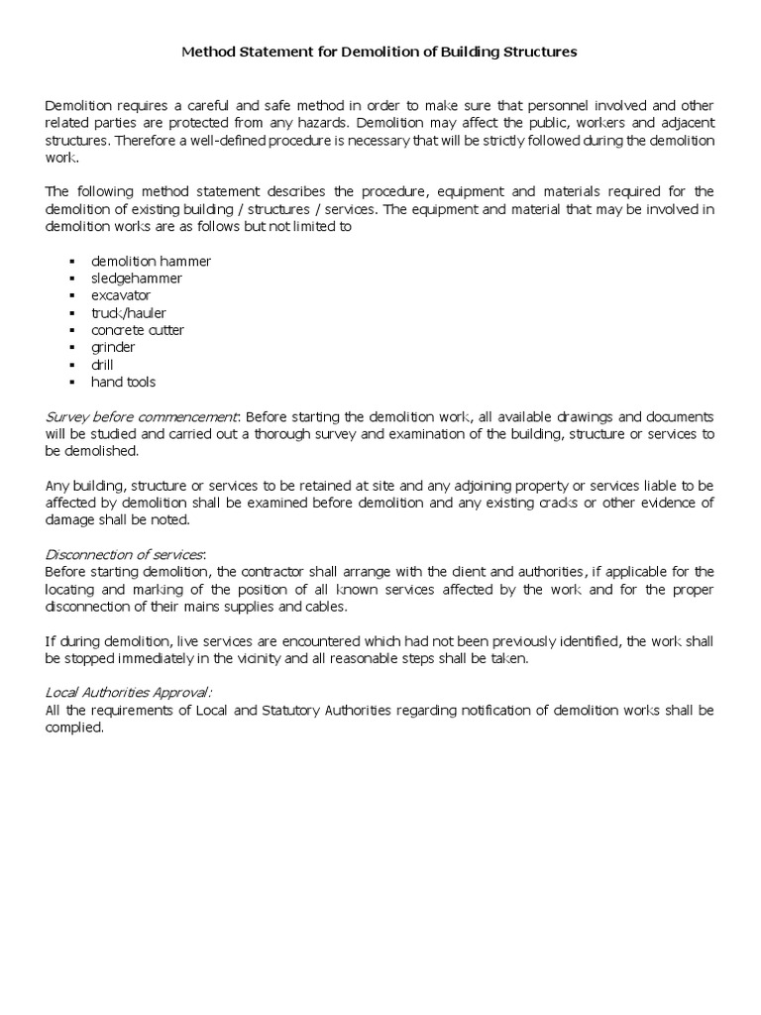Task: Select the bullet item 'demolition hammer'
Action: pyautogui.click(x=151, y=262)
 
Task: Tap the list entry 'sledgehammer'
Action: pyautogui.click(x=136, y=279)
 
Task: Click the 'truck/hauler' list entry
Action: pyautogui.click(x=129, y=313)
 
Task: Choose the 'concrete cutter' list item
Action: pyautogui.click(x=138, y=330)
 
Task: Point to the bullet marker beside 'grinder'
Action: pyautogui.click(x=73, y=348)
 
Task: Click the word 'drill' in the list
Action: pyautogui.click(x=102, y=365)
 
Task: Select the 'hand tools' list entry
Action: pyautogui.click(x=123, y=382)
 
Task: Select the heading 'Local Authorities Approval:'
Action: pyautogui.click(x=129, y=693)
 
